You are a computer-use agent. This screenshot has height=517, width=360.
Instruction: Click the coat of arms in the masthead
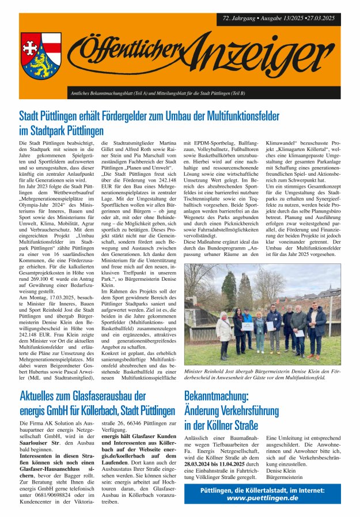42,60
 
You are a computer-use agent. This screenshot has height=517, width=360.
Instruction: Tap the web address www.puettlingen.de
262,497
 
